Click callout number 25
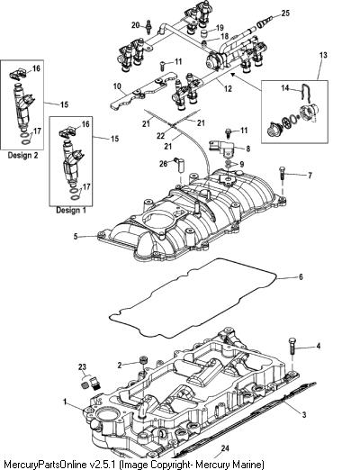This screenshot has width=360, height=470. point(285,14)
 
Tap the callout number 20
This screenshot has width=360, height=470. point(136,25)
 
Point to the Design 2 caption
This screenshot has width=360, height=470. point(22,155)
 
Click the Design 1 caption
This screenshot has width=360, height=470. point(71,210)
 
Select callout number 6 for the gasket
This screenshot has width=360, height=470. point(301,276)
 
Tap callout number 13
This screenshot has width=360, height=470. point(323,56)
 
